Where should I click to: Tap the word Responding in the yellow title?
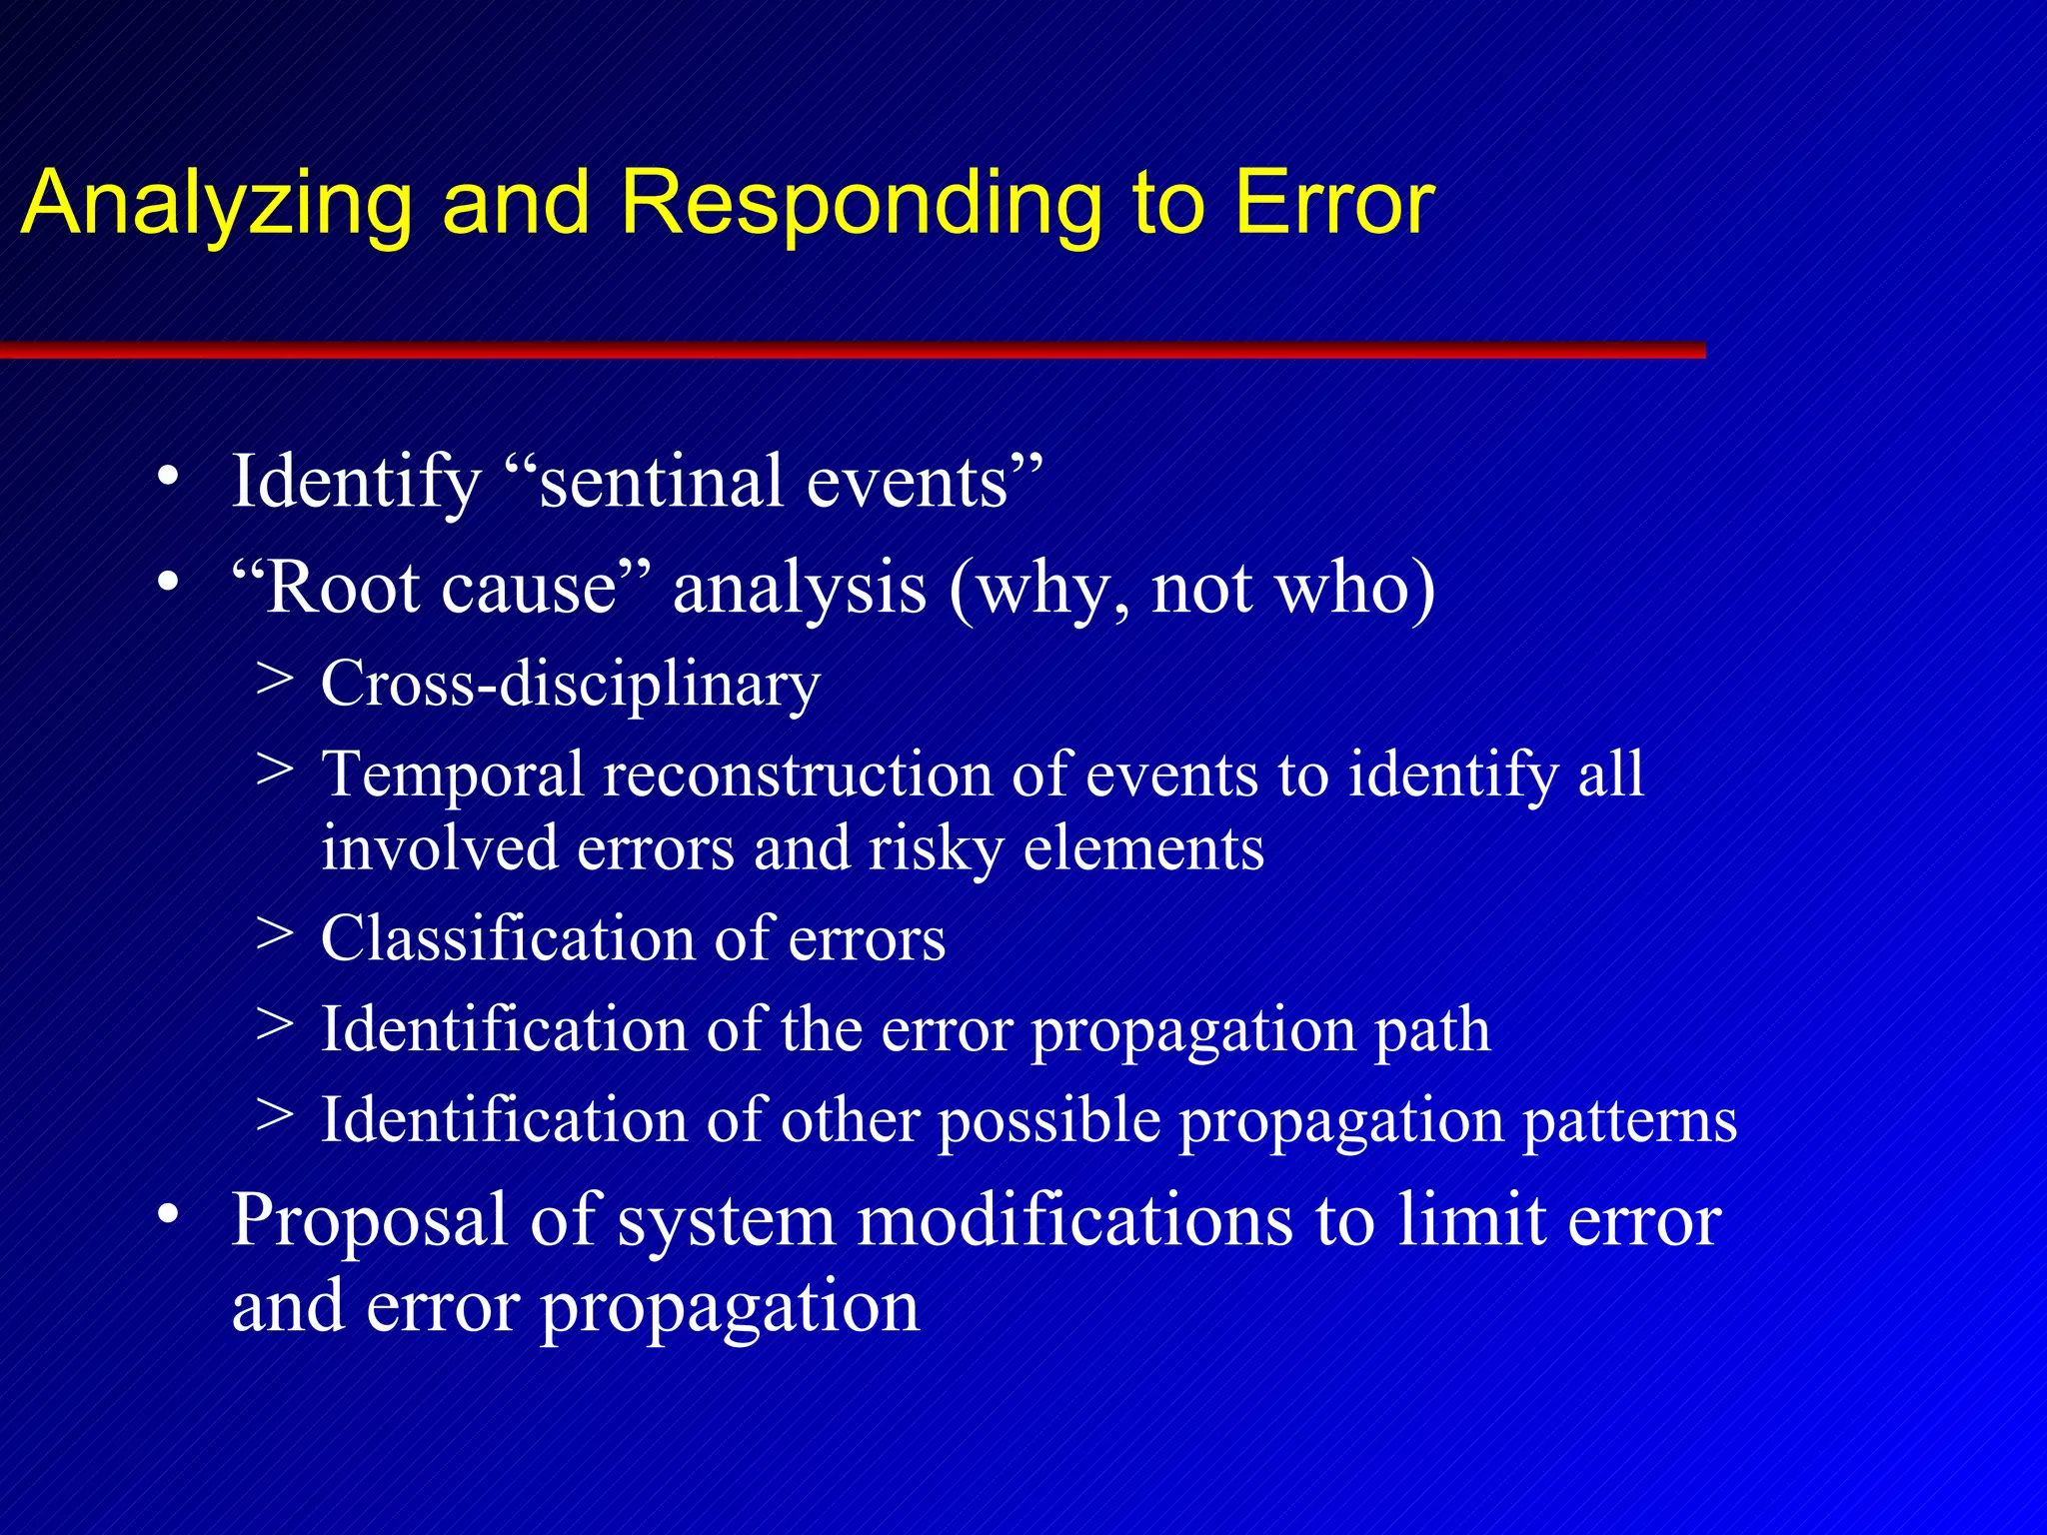pyautogui.click(x=860, y=205)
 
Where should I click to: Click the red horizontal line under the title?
pyautogui.click(x=850, y=350)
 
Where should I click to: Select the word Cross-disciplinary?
pyautogui.click(x=570, y=685)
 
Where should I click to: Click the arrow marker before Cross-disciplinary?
pyautogui.click(x=274, y=680)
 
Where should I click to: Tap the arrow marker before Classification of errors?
pyautogui.click(x=274, y=934)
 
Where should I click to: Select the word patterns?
pyautogui.click(x=1629, y=1121)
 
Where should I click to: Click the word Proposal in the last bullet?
pyautogui.click(x=369, y=1221)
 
